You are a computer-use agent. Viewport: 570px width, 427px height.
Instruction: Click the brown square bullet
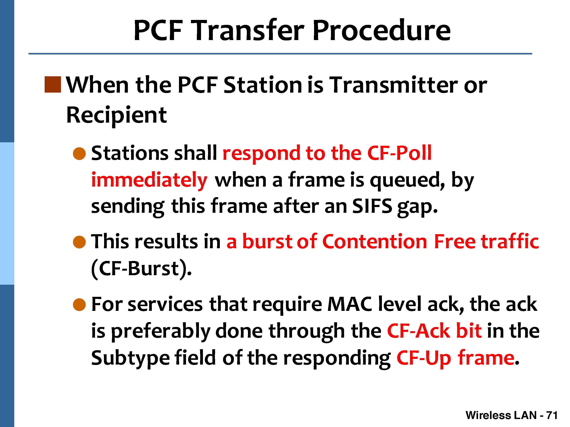(x=53, y=84)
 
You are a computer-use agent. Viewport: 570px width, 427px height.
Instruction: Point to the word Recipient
(x=116, y=115)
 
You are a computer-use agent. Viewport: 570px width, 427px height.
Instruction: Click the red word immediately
(x=149, y=180)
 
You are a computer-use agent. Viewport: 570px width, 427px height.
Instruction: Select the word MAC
(x=350, y=304)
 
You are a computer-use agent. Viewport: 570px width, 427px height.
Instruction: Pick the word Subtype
(x=130, y=358)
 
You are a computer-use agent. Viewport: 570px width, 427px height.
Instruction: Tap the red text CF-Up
(x=424, y=358)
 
